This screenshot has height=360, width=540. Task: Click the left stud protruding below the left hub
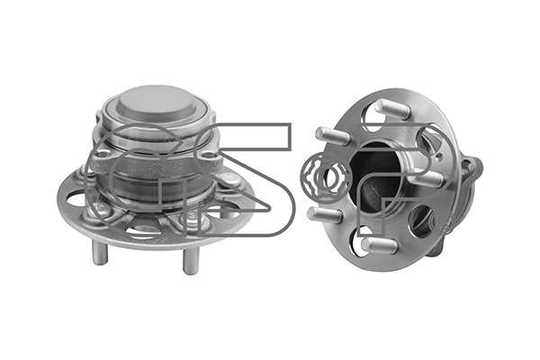click(x=100, y=251)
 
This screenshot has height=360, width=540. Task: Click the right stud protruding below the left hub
click(x=191, y=260)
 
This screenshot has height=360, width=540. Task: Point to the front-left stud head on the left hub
click(x=100, y=207)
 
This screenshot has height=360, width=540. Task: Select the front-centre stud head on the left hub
click(x=188, y=216)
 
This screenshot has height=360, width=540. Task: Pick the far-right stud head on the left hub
click(x=228, y=178)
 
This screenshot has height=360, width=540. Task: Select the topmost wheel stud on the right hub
click(x=391, y=108)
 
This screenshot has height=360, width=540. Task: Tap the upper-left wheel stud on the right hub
click(x=332, y=136)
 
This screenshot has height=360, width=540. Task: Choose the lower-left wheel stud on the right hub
click(x=324, y=215)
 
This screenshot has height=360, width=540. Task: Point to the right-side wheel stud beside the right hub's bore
click(x=428, y=179)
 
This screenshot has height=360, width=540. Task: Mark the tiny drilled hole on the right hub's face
click(x=438, y=158)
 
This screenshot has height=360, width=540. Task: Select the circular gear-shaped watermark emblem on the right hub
click(x=326, y=175)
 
